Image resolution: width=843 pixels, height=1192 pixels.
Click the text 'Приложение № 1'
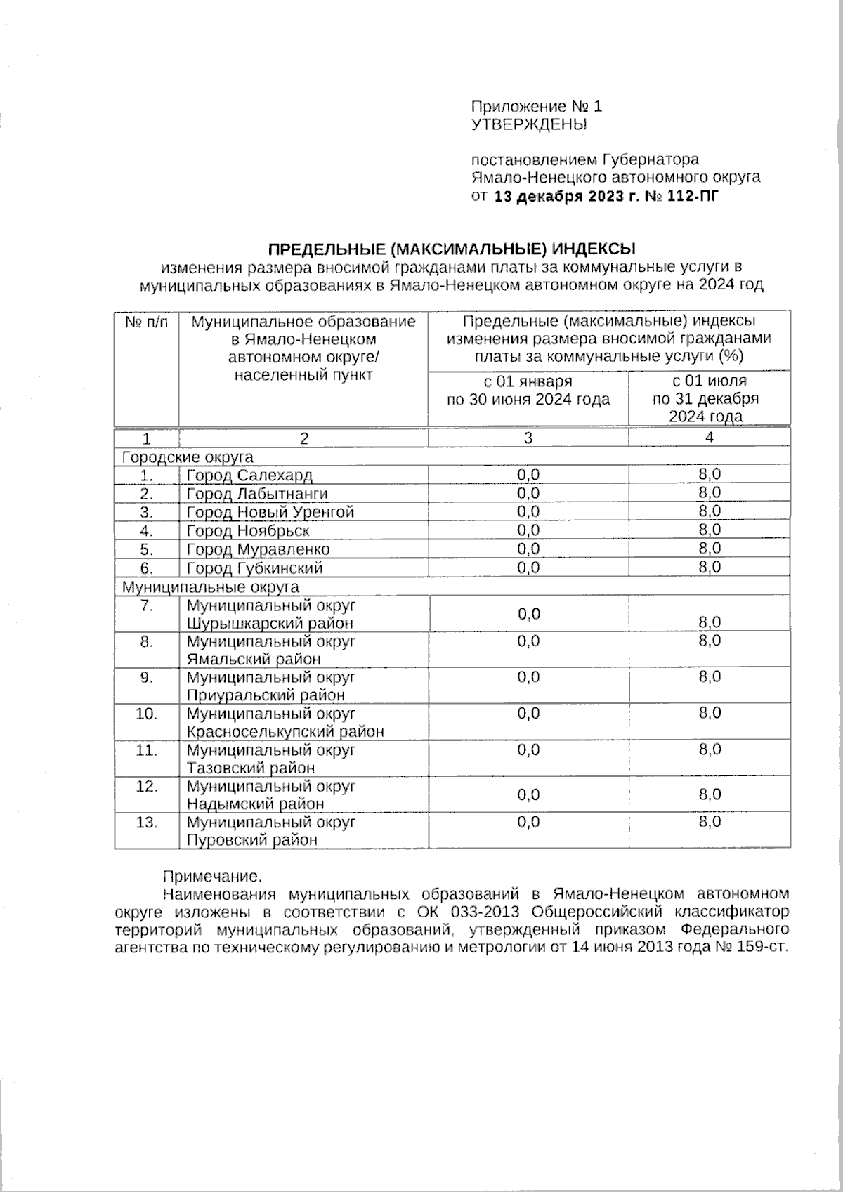tap(536, 107)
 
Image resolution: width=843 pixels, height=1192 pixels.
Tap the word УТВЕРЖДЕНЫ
tap(528, 125)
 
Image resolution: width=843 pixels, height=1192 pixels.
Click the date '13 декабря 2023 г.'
tap(559, 197)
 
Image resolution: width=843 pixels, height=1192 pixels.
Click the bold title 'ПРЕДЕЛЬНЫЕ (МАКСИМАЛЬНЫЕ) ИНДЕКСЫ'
tap(452, 249)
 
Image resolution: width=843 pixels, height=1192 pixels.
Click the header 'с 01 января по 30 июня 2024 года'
tap(528, 391)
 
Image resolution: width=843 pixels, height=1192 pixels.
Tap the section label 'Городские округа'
tap(188, 457)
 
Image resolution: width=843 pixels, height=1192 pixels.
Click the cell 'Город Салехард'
tap(249, 476)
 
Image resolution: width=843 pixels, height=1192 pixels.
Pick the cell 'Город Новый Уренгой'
tap(270, 512)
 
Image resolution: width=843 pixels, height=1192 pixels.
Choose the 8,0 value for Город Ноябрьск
tap(710, 530)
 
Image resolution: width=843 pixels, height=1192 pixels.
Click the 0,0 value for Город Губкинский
tap(528, 567)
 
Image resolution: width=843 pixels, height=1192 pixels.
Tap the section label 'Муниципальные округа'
tap(211, 587)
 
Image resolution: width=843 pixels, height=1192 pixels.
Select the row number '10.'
tap(146, 714)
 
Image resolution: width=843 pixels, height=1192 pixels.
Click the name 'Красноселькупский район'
tap(285, 732)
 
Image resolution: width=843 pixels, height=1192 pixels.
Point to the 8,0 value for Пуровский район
tap(710, 822)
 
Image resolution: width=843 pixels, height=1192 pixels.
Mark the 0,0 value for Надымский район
tap(528, 795)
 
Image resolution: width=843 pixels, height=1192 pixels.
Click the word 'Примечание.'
tap(211, 876)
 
